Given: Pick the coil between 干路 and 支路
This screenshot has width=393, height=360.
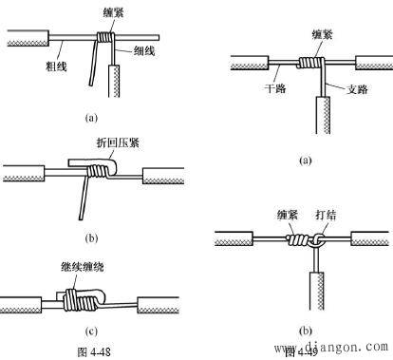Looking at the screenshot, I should click(x=309, y=65).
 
